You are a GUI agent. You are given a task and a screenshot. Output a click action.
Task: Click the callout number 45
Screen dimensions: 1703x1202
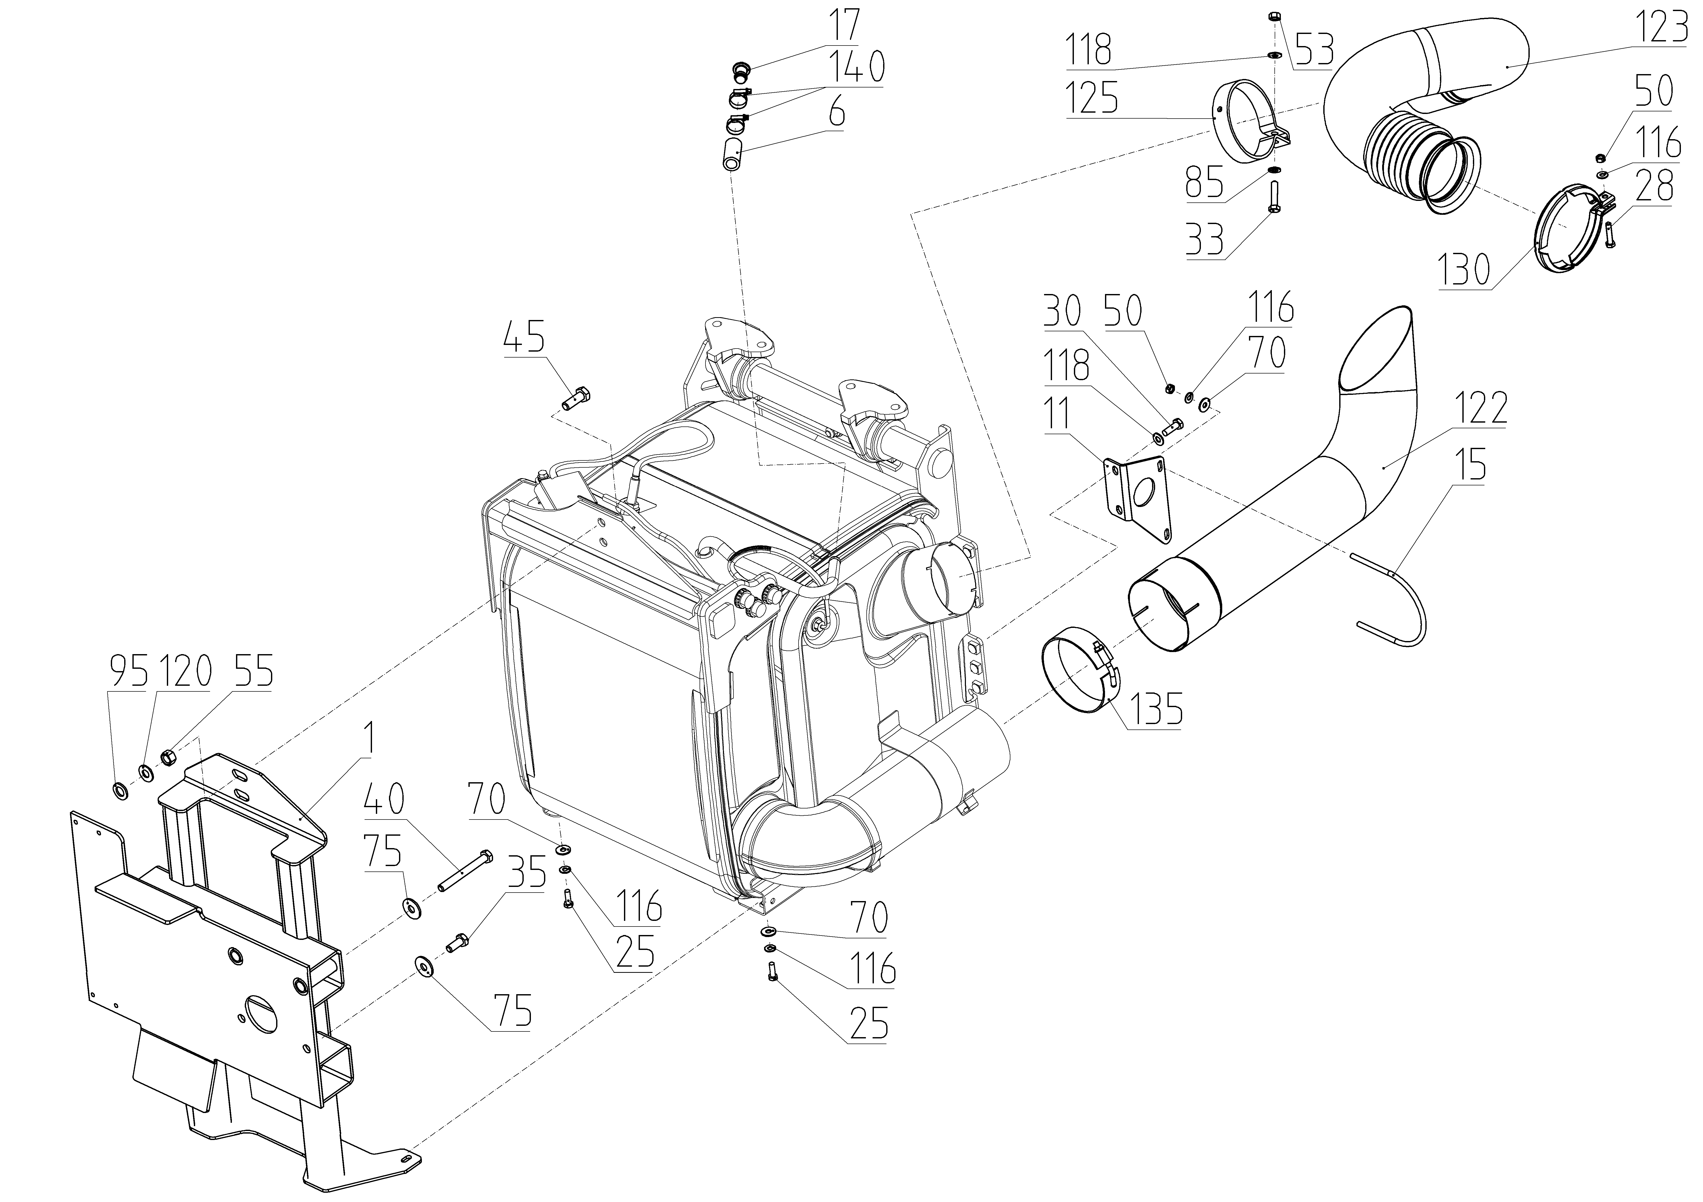click(x=524, y=337)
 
